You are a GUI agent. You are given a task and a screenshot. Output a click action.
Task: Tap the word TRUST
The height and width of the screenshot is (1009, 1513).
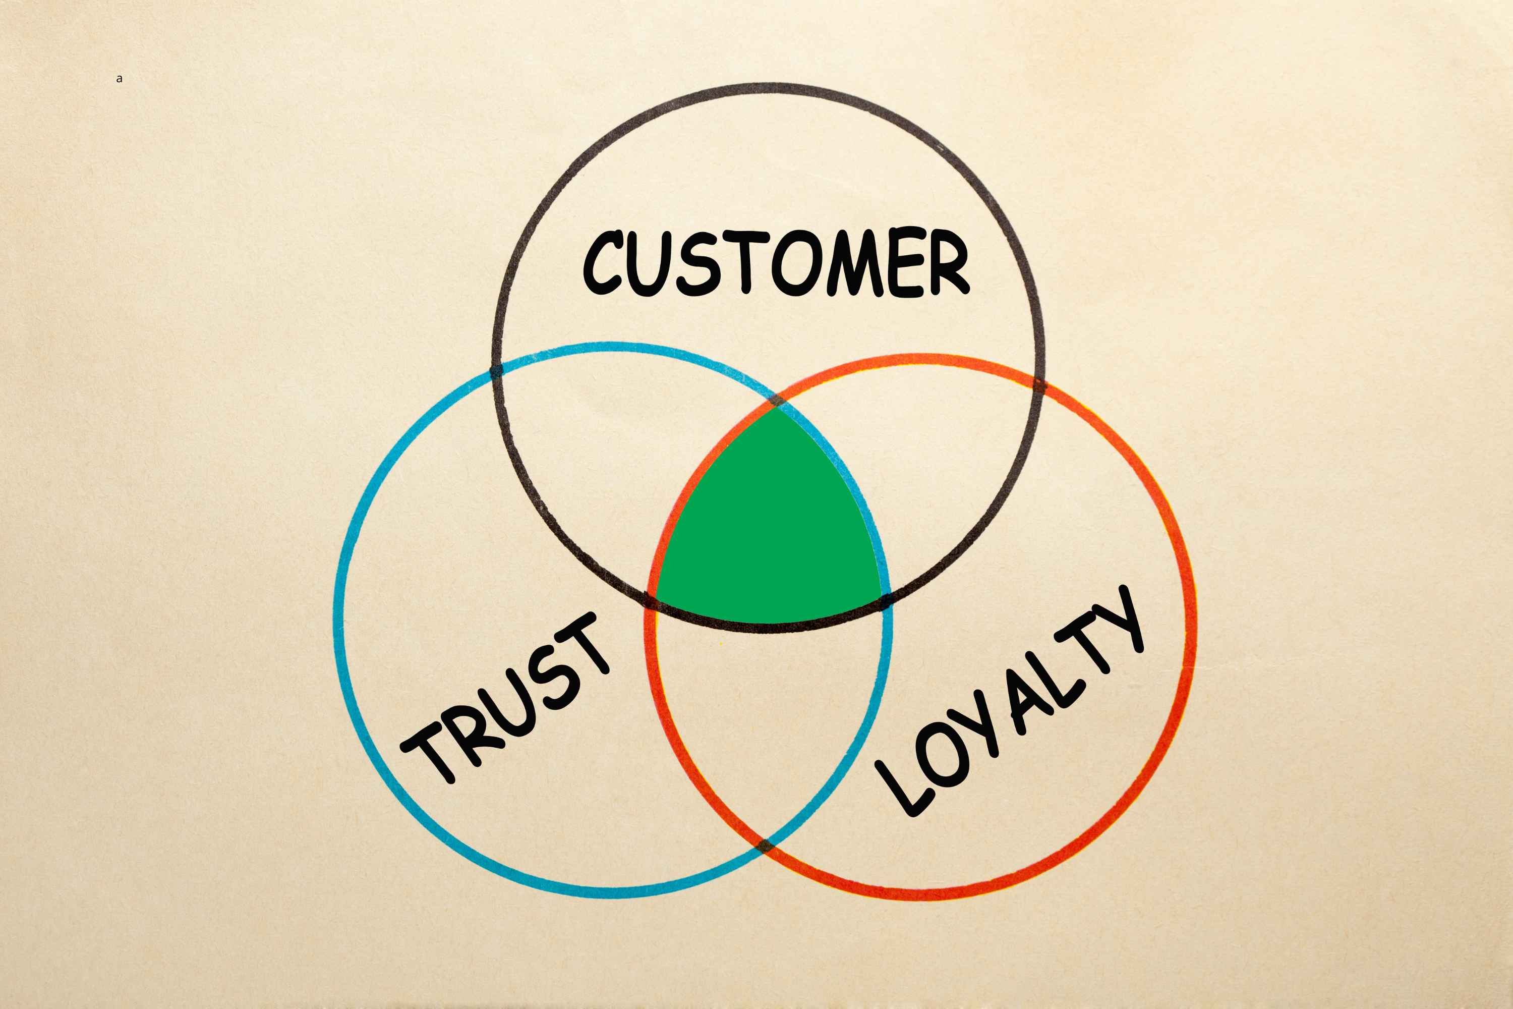click(505, 697)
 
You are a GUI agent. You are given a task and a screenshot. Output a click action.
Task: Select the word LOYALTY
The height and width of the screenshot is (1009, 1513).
click(1008, 701)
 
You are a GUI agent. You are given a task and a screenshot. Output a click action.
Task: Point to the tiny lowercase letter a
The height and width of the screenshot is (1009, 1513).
click(119, 79)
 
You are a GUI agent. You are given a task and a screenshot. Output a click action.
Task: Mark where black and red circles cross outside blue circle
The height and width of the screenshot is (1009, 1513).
click(1039, 385)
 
